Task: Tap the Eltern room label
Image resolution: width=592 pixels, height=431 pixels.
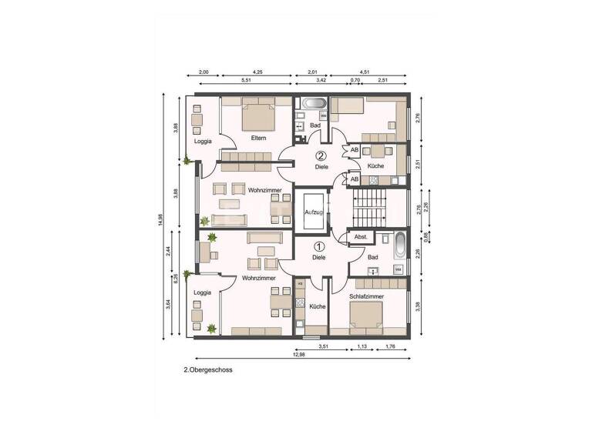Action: coord(258,138)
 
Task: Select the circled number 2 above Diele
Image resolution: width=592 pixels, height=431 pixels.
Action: coord(321,155)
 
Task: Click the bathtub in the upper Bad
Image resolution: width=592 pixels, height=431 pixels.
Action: coord(314,103)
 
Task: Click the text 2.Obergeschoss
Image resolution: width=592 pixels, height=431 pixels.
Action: coord(208,369)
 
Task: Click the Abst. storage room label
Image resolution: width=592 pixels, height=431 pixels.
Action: coord(360,238)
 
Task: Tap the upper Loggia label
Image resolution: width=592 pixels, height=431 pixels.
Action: coord(203,141)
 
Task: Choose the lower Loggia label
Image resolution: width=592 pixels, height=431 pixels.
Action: coord(202,292)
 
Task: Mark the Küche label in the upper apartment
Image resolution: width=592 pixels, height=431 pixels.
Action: coord(375,166)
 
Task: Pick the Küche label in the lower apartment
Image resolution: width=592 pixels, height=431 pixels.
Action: coord(317,306)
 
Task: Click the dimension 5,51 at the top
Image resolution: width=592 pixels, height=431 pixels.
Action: coord(247,81)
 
